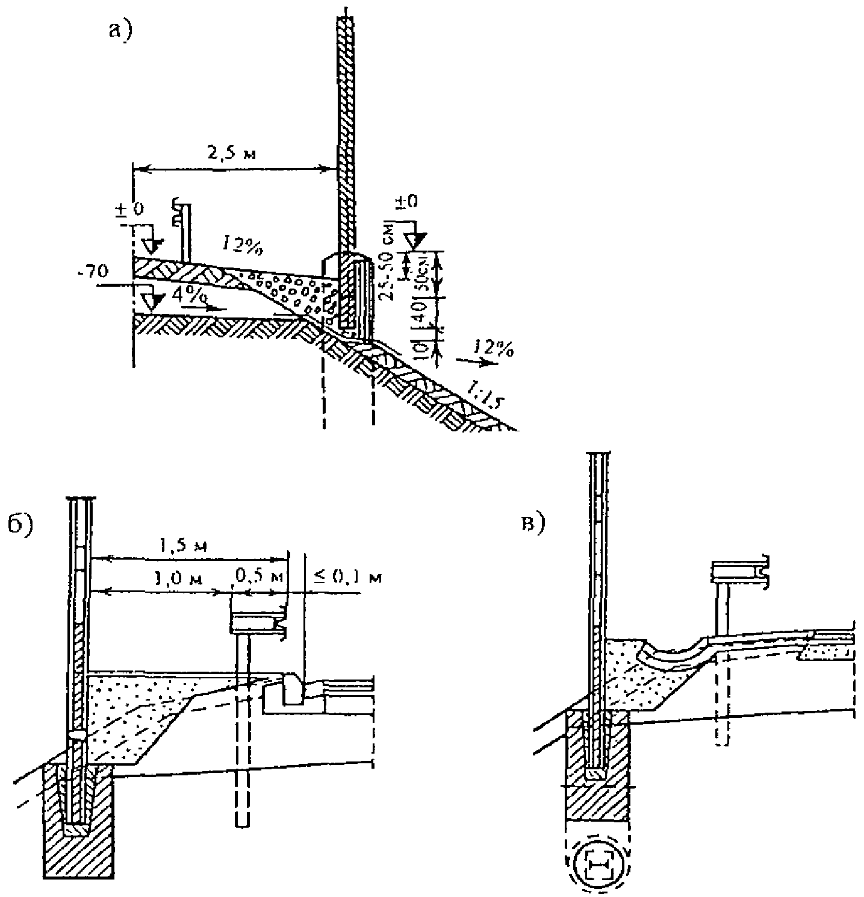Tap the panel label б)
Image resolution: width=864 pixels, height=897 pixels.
pyautogui.click(x=21, y=524)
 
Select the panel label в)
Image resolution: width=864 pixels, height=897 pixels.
pyautogui.click(x=533, y=524)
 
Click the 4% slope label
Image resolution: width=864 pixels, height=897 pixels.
pyautogui.click(x=187, y=295)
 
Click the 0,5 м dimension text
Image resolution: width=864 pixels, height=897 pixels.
pyautogui.click(x=260, y=577)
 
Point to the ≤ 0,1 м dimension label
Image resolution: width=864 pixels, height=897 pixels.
pyautogui.click(x=348, y=577)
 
